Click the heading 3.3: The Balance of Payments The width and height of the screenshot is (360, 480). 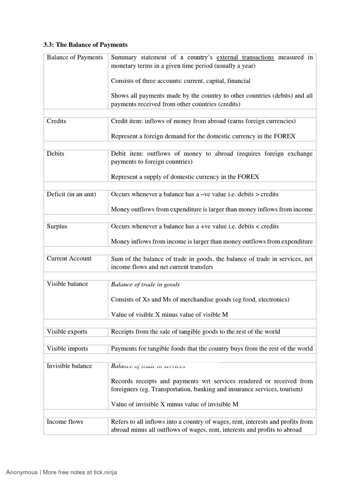pyautogui.click(x=85, y=45)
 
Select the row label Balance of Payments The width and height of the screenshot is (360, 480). pyautogui.click(x=75, y=57)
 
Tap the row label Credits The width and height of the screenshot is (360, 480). pyautogui.click(x=56, y=121)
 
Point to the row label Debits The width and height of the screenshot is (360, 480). pyautogui.click(x=55, y=153)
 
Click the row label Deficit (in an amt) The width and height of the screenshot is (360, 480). pyautogui.click(x=71, y=194)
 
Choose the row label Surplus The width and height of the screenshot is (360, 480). pyautogui.click(x=57, y=226)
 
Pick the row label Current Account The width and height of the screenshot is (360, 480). pyautogui.click(x=69, y=259)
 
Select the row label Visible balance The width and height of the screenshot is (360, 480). pyautogui.click(x=67, y=284)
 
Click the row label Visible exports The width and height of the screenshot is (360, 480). pyautogui.click(x=67, y=332)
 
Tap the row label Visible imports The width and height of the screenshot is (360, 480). pyautogui.click(x=67, y=349)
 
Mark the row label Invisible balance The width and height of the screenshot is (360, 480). pyautogui.click(x=69, y=366)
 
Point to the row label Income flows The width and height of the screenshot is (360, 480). pyautogui.click(x=65, y=422)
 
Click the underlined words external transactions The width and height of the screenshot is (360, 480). pyautogui.click(x=245, y=57)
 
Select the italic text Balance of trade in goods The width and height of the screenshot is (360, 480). pyautogui.click(x=145, y=285)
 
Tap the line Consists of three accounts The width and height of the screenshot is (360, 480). pyautogui.click(x=180, y=81)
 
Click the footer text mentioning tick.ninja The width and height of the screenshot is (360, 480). pyautogui.click(x=61, y=472)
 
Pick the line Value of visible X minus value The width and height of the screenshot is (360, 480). pyautogui.click(x=169, y=315)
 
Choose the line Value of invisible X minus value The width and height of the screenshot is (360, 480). pyautogui.click(x=174, y=404)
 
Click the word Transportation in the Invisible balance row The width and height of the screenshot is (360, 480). pyautogui.click(x=174, y=389)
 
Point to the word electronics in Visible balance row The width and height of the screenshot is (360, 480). pyautogui.click(x=272, y=300)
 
